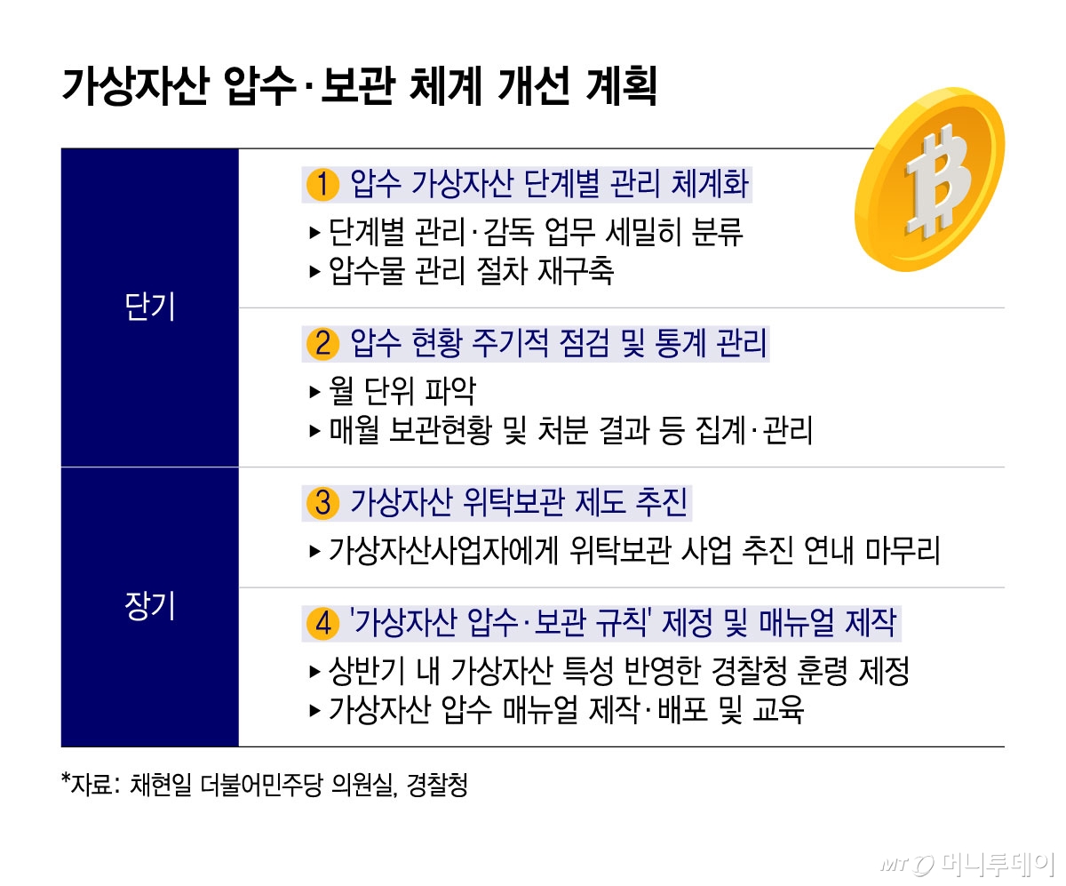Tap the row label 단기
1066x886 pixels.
click(149, 307)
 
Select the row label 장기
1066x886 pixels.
click(149, 606)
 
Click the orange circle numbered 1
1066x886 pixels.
click(322, 185)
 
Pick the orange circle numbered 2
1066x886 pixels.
click(322, 343)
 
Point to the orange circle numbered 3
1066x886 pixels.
click(322, 503)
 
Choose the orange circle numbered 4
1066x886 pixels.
click(322, 623)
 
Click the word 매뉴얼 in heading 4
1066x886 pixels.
click(796, 623)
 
